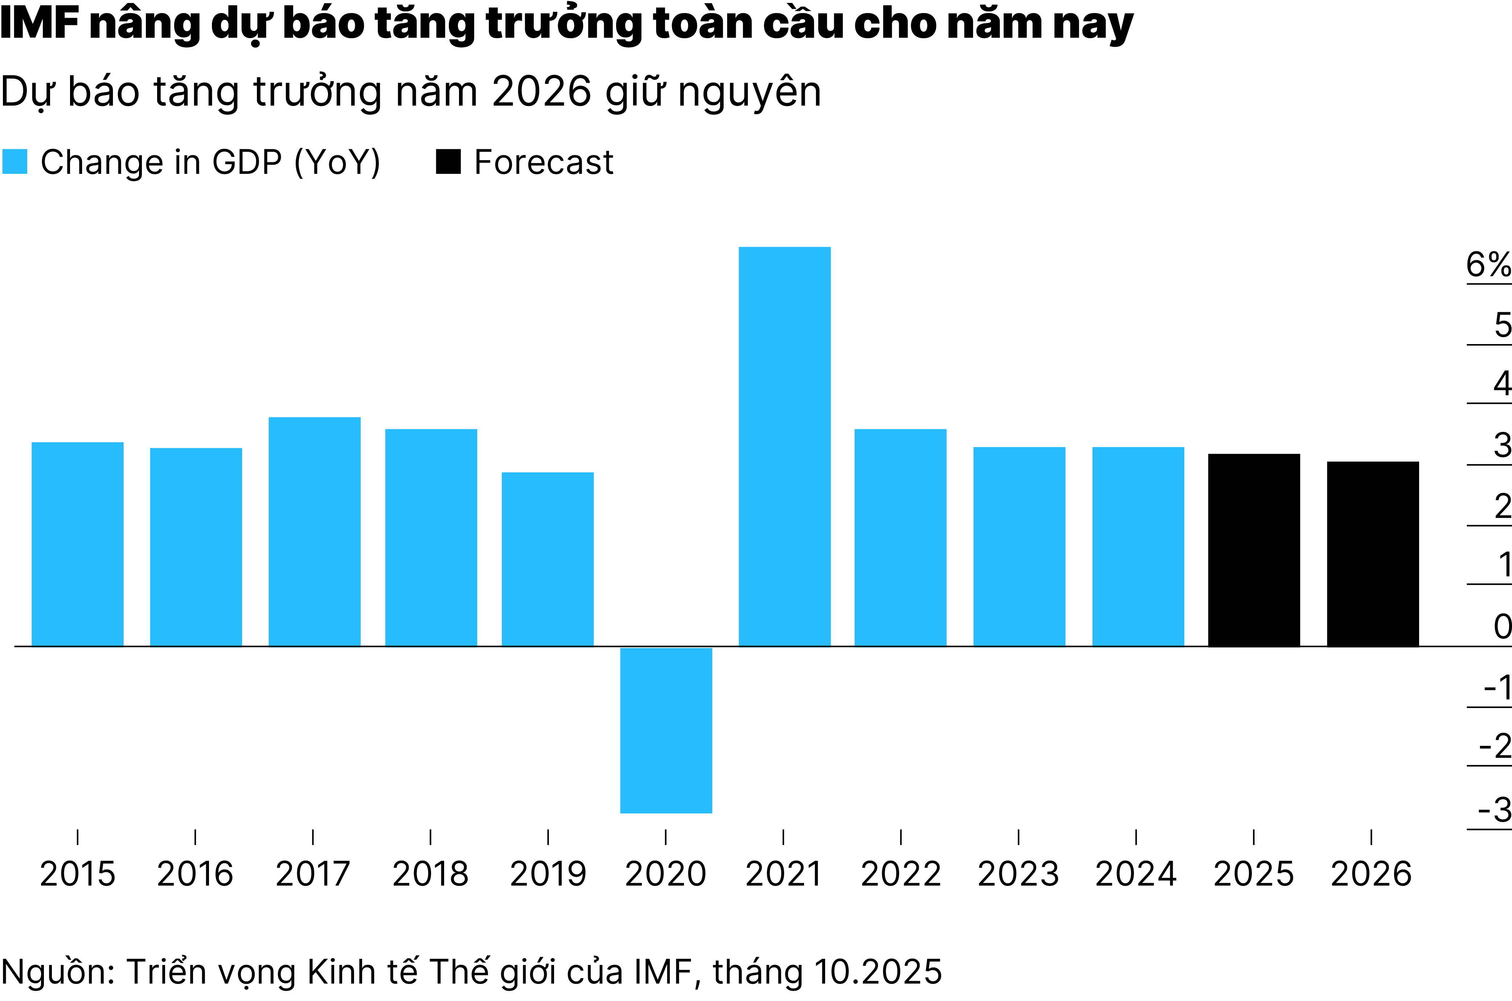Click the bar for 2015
(77, 544)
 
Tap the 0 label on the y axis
(1502, 626)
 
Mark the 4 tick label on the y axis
(1502, 384)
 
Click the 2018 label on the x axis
(430, 874)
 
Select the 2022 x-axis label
(901, 874)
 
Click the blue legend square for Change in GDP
(15, 162)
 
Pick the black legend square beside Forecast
(448, 162)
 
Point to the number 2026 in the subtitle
(542, 92)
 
